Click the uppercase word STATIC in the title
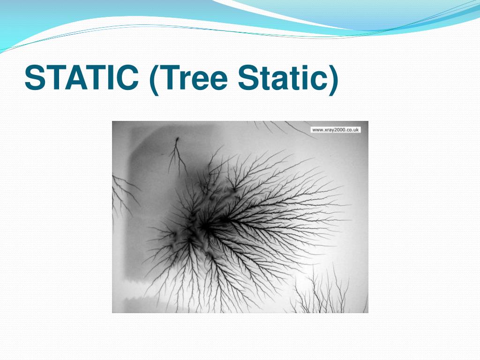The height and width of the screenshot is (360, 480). pyautogui.click(x=81, y=78)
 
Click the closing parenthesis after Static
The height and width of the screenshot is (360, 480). pyautogui.click(x=332, y=80)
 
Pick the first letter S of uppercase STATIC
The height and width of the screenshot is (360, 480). pyautogui.click(x=34, y=78)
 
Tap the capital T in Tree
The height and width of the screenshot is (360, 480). pyautogui.click(x=170, y=78)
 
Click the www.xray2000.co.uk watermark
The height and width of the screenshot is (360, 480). pyautogui.click(x=336, y=130)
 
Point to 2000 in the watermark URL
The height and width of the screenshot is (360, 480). pyautogui.click(x=337, y=130)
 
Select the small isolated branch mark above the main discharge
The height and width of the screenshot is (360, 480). pyautogui.click(x=177, y=155)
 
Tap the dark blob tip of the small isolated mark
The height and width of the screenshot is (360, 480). pyautogui.click(x=177, y=139)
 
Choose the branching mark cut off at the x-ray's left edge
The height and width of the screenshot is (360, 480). pyautogui.click(x=120, y=192)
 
